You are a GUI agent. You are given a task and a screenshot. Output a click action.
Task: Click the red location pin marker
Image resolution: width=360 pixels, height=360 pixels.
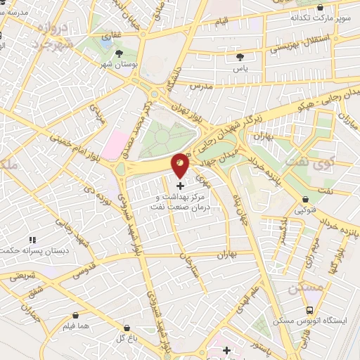click(181, 165)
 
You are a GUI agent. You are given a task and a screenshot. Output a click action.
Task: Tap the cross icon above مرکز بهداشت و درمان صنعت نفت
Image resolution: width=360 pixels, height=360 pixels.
click(181, 186)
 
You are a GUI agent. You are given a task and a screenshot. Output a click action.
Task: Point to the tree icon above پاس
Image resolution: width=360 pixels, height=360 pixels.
click(240, 56)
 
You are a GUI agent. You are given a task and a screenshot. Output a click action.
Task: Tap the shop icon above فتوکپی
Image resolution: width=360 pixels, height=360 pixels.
click(304, 199)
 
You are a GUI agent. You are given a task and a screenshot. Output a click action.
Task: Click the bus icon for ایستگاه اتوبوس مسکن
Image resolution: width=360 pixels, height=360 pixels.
click(309, 310)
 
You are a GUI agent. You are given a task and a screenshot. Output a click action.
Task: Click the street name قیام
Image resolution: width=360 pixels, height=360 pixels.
click(222, 23)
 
